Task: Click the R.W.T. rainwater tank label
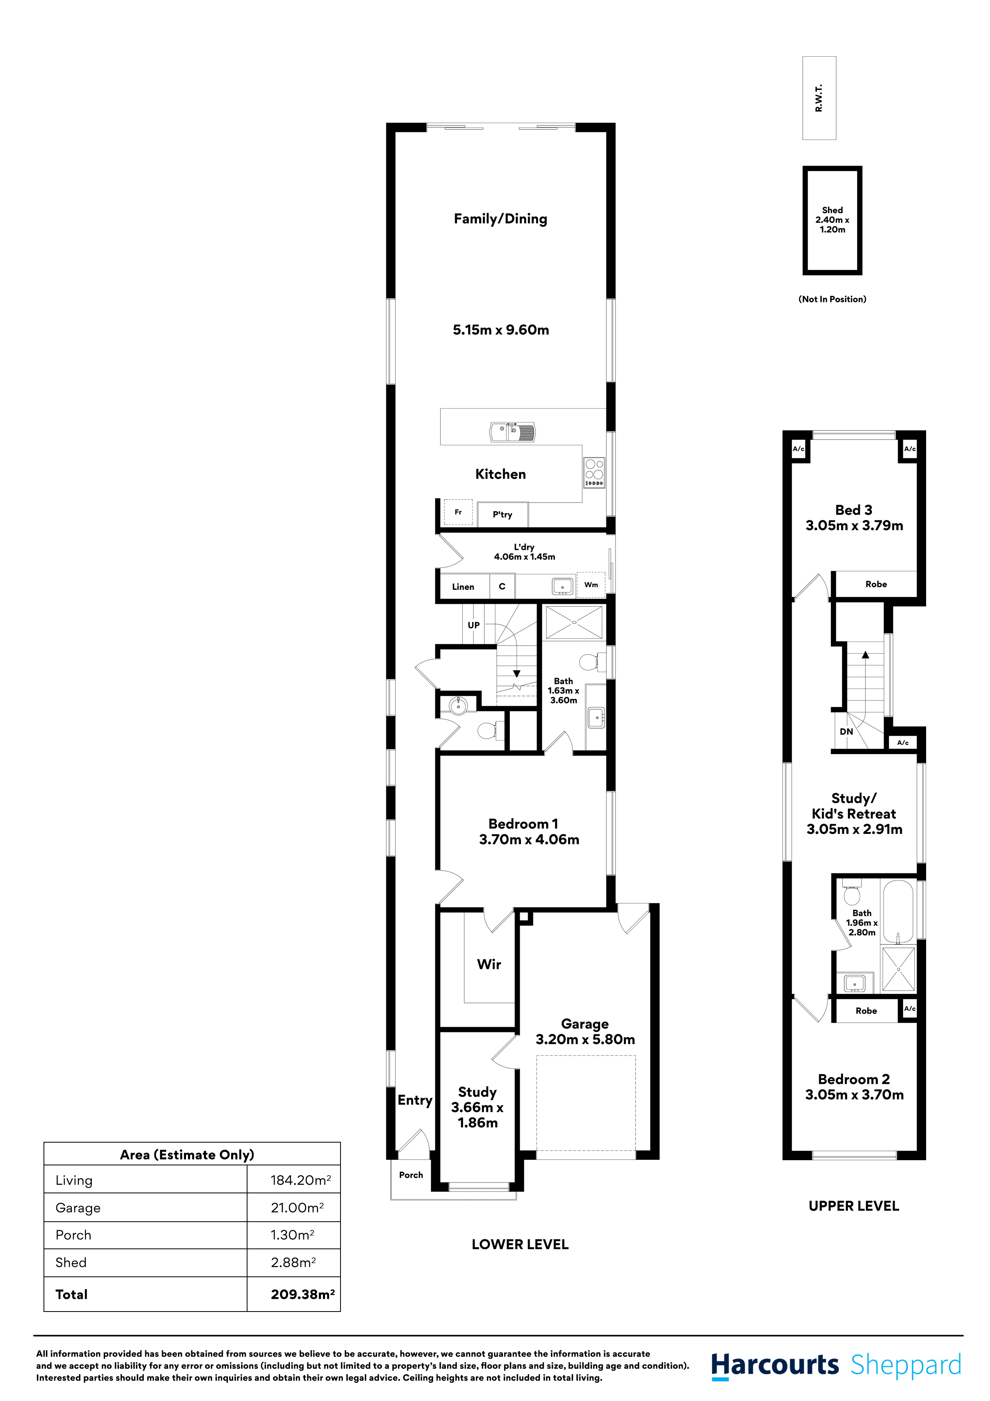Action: click(819, 97)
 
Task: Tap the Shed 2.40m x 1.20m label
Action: click(832, 220)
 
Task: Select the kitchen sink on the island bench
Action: click(513, 432)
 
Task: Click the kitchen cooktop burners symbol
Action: click(594, 473)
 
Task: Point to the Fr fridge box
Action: click(458, 512)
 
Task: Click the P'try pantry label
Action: click(502, 514)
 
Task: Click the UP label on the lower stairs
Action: click(473, 625)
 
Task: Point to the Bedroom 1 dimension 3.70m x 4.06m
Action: click(529, 839)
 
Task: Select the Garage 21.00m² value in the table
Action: click(297, 1208)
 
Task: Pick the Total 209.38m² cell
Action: click(303, 1294)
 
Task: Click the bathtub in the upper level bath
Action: click(898, 911)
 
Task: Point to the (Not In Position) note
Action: click(832, 299)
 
